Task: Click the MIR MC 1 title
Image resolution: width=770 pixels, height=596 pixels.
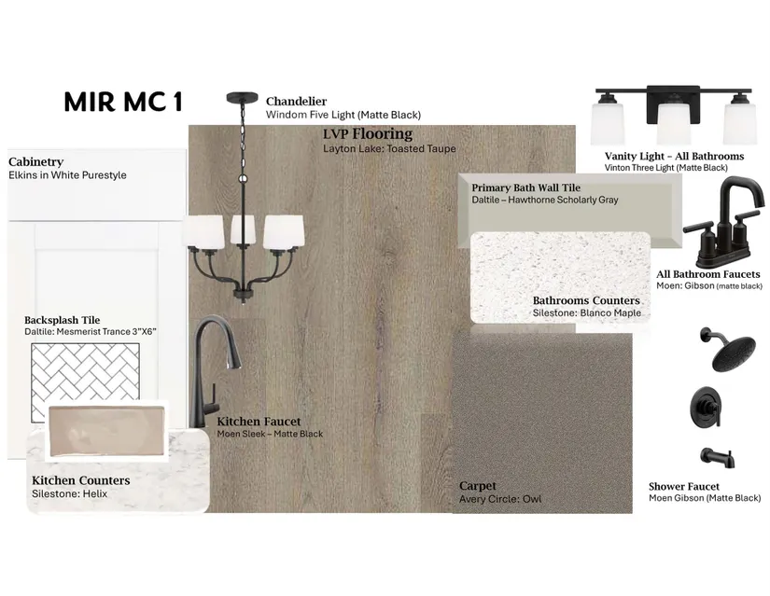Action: point(123,102)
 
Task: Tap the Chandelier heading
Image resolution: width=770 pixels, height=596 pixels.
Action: point(296,101)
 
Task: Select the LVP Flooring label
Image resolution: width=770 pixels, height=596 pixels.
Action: point(368,133)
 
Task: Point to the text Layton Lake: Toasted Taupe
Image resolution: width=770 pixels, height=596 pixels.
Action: point(389,148)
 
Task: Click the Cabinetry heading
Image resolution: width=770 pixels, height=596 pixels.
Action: point(35,162)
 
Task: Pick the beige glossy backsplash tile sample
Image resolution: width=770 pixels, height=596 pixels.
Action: point(106,431)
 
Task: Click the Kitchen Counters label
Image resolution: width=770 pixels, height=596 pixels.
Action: point(81,480)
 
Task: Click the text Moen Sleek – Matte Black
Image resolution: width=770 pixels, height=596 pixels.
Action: point(270,434)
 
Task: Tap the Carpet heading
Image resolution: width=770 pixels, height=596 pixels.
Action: point(477,486)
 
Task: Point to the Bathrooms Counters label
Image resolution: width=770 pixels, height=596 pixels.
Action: point(586,300)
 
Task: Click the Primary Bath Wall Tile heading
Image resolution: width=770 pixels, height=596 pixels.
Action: point(526,188)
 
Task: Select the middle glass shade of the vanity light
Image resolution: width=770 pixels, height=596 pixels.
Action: point(674,123)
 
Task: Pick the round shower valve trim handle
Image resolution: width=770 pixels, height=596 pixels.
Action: point(707,407)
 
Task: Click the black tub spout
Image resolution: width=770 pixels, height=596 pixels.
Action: point(718,458)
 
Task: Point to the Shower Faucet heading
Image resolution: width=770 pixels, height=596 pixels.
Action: point(683,487)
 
